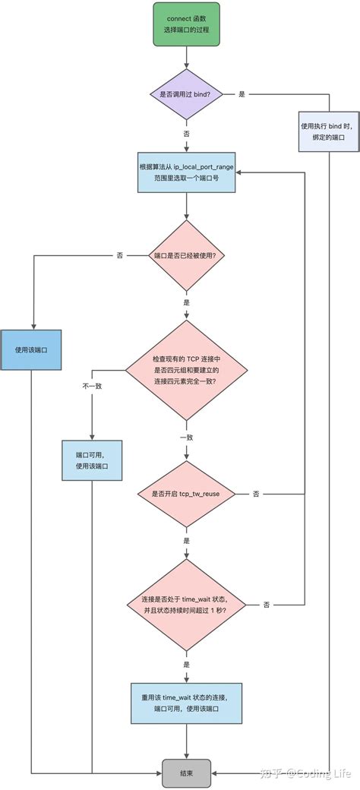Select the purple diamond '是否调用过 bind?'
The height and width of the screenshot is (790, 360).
click(186, 93)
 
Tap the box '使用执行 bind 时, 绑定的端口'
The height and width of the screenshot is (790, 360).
click(328, 131)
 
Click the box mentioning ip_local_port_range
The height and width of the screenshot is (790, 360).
click(186, 172)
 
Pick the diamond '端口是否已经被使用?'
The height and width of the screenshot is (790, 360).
click(186, 256)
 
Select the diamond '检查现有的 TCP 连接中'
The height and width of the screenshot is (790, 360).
click(186, 369)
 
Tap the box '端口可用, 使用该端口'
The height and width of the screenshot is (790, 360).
click(91, 460)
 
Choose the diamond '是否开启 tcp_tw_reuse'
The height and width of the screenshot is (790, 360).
click(186, 494)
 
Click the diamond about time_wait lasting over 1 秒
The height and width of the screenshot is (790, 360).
click(186, 604)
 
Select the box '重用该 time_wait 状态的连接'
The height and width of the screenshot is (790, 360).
click(186, 703)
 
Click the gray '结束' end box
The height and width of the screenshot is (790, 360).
click(186, 773)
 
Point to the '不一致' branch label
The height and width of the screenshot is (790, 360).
click(92, 386)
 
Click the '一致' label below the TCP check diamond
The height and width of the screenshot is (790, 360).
click(186, 438)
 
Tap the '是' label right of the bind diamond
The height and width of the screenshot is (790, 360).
click(242, 93)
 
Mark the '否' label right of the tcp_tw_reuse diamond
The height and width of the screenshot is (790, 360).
click(256, 494)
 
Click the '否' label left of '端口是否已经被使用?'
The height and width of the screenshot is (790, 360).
click(120, 256)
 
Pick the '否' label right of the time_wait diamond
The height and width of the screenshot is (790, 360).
click(267, 604)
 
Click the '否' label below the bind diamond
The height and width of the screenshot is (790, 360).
click(186, 133)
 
